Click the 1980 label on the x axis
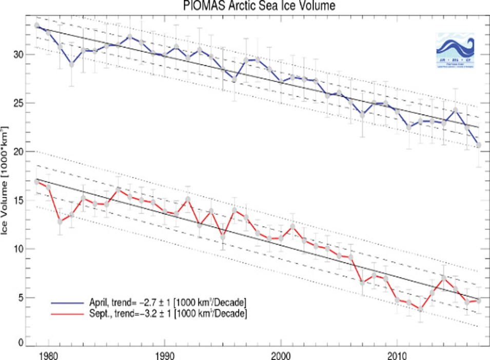click(48, 353)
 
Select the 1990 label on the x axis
click(165, 353)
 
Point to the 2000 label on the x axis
click(281, 353)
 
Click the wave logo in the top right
click(455, 51)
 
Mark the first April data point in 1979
click(37, 25)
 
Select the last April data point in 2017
click(479, 145)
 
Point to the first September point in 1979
click(37, 182)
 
